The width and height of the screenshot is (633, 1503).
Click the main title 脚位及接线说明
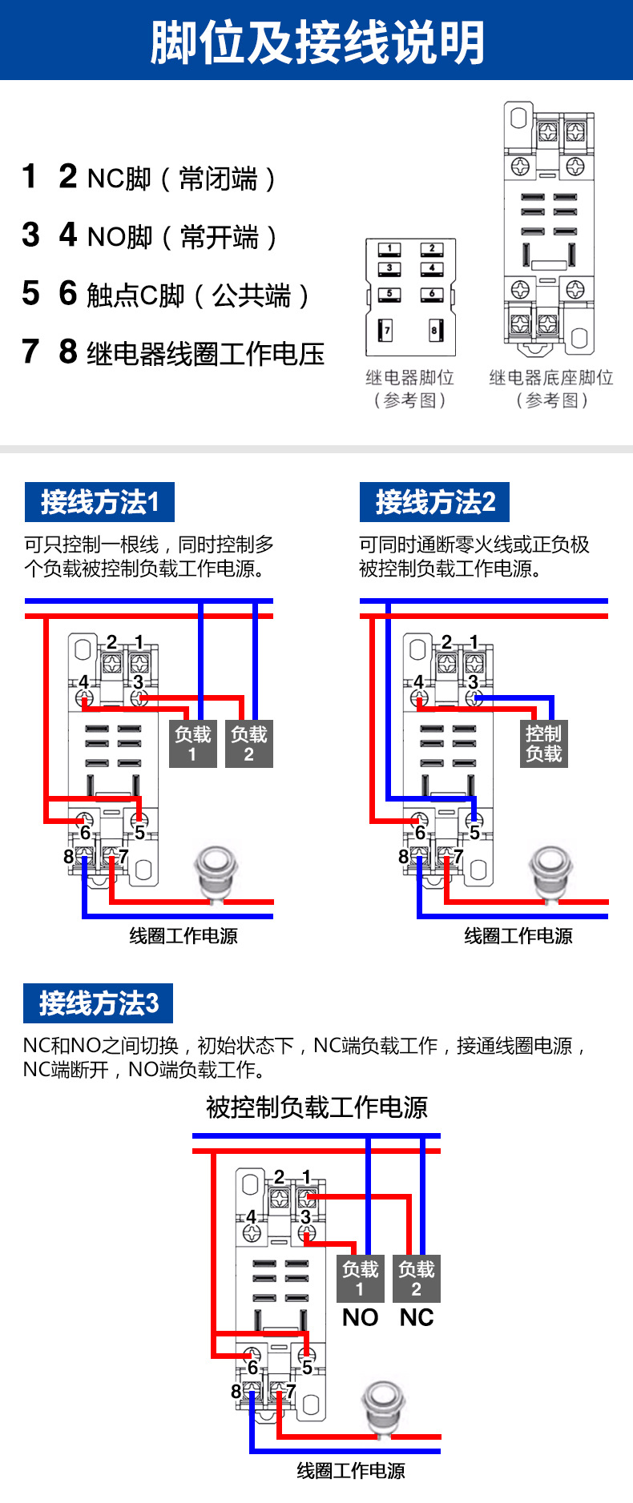(317, 42)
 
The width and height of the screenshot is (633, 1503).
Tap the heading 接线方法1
(99, 502)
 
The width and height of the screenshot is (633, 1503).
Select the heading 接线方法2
(434, 502)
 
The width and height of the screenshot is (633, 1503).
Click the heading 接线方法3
(99, 1003)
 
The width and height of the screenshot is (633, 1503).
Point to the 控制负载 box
(543, 744)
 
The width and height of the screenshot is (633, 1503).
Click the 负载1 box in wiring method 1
(193, 744)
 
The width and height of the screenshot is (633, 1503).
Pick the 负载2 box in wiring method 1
(249, 744)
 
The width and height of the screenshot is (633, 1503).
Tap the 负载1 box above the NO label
(360, 1279)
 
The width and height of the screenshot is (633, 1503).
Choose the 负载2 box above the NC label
(417, 1279)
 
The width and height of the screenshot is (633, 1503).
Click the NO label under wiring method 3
(360, 1318)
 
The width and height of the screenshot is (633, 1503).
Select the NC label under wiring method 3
(417, 1318)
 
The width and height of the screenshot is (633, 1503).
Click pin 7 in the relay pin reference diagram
(386, 330)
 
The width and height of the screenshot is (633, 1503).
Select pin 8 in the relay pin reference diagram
(435, 330)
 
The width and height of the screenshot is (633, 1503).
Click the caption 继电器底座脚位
(551, 378)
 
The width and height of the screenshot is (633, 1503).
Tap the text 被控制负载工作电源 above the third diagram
(316, 1107)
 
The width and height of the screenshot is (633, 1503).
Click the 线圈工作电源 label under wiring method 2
(518, 936)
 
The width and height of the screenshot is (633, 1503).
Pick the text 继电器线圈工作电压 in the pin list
(205, 353)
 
